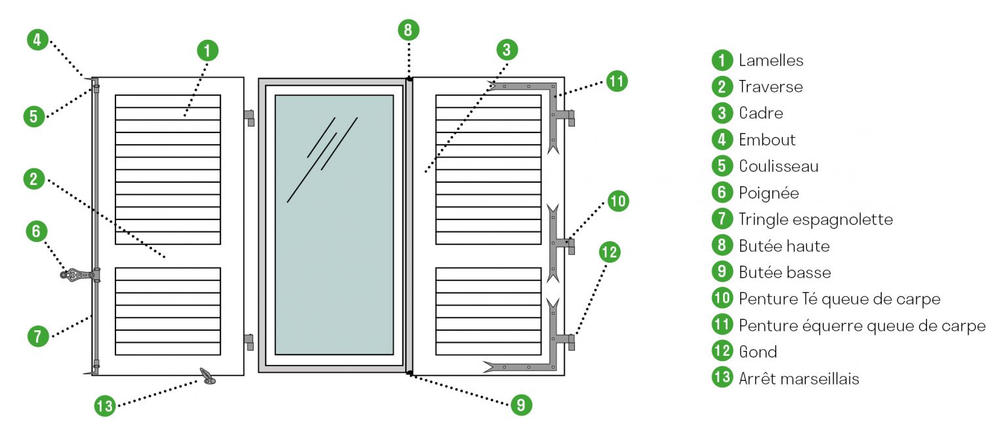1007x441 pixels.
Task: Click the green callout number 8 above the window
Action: [x=408, y=30]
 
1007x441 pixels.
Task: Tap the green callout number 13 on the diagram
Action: [x=104, y=406]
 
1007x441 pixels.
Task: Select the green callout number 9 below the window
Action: [x=521, y=405]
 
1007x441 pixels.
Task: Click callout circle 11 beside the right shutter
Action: [x=616, y=82]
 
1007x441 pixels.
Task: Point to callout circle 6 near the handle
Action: [x=37, y=231]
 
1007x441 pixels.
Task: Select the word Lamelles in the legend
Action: [x=770, y=60]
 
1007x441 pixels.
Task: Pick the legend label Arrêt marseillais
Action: [x=799, y=379]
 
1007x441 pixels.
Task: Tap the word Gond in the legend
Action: [x=757, y=352]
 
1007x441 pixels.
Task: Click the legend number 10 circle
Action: [x=722, y=299]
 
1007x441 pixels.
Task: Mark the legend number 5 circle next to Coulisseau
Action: [x=722, y=166]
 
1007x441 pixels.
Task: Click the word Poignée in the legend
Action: [x=768, y=193]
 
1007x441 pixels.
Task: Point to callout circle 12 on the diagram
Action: [x=609, y=252]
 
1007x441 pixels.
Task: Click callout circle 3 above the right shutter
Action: [x=507, y=50]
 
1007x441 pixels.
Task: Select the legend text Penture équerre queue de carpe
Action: [x=861, y=326]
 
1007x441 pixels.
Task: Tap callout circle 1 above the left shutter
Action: [x=207, y=50]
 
